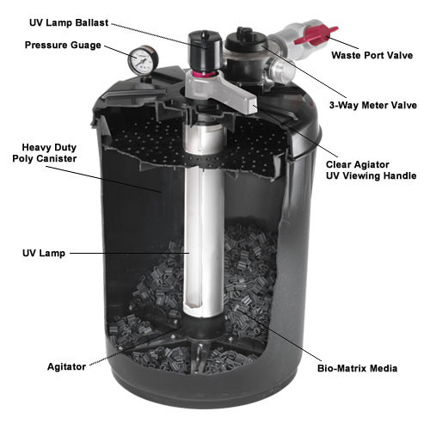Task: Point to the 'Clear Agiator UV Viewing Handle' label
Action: [x=371, y=169]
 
